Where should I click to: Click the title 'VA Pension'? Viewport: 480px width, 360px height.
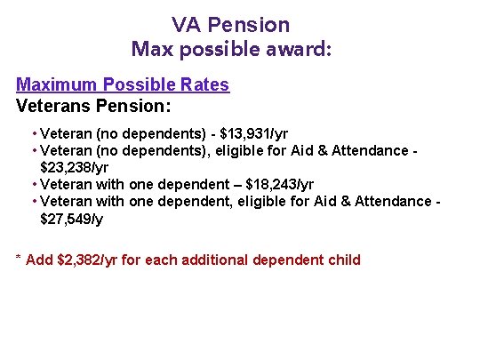pyautogui.click(x=231, y=24)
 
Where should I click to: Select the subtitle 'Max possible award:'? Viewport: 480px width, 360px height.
pyautogui.click(x=231, y=48)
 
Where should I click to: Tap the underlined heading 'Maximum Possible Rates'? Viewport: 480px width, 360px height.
pyautogui.click(x=123, y=85)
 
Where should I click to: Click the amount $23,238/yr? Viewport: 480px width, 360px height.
pyautogui.click(x=73, y=167)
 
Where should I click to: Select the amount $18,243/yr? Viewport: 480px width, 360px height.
pyautogui.click(x=279, y=184)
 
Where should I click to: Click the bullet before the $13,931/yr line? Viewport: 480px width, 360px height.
pyautogui.click(x=33, y=134)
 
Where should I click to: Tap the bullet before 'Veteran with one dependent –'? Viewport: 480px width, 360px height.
pyautogui.click(x=33, y=184)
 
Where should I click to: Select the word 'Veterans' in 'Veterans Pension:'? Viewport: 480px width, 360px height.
pyautogui.click(x=52, y=105)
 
